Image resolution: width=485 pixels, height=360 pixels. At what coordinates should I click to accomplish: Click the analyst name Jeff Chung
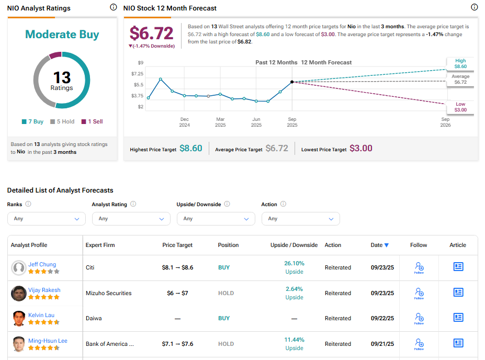click(42, 264)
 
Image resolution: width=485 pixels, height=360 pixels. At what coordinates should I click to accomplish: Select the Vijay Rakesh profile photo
click(19, 294)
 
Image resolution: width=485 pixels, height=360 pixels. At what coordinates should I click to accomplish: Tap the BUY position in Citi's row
click(224, 267)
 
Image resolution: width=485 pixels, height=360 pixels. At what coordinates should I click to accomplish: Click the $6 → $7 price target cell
click(177, 293)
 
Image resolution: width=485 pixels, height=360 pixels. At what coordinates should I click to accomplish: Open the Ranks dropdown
click(46, 219)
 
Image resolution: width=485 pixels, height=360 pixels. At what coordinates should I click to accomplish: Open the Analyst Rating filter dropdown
click(131, 219)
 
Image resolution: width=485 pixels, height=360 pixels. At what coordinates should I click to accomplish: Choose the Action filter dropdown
click(300, 219)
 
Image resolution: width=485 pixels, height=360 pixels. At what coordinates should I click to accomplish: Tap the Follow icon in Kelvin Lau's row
click(419, 318)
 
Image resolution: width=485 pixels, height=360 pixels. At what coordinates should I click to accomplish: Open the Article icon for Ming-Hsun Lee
click(458, 343)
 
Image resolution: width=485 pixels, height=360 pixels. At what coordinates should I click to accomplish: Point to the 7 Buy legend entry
click(33, 121)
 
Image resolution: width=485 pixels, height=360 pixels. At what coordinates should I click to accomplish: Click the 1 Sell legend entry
click(92, 121)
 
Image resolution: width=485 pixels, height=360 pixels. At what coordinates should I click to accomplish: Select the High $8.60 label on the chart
click(460, 64)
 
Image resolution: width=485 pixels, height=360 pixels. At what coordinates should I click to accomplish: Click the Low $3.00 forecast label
click(460, 107)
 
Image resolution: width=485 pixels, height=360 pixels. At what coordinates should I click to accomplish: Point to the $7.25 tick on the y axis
click(137, 74)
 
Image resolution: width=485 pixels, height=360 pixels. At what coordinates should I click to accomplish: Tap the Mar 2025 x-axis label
click(220, 122)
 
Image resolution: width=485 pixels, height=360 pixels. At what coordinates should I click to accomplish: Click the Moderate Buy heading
click(62, 35)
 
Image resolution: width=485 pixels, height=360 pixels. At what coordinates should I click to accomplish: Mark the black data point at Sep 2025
click(292, 82)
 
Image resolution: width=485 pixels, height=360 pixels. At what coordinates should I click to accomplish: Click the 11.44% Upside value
click(294, 344)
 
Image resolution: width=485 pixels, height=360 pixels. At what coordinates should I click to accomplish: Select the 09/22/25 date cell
click(381, 318)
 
